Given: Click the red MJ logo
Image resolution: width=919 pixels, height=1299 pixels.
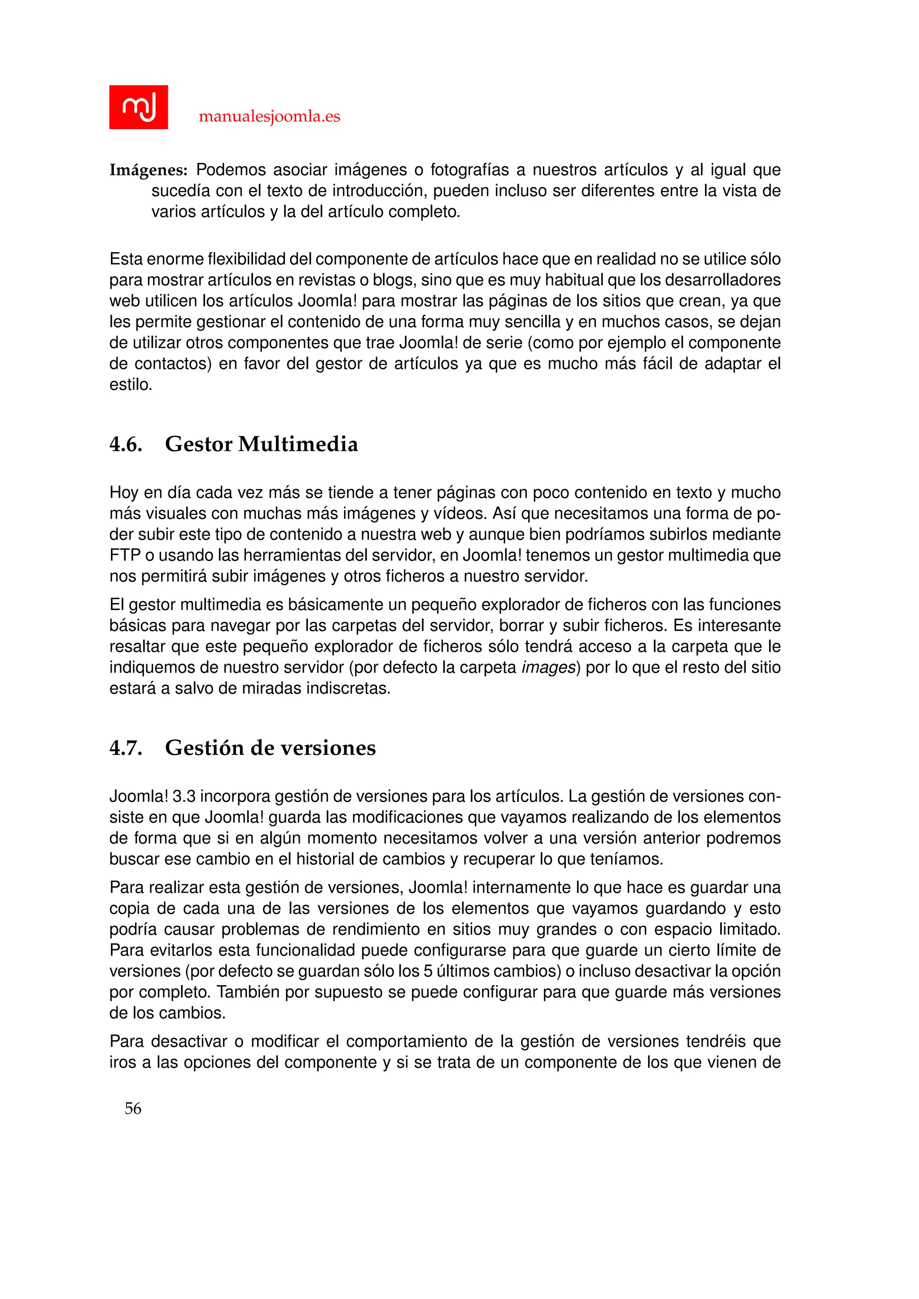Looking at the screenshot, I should (x=138, y=107).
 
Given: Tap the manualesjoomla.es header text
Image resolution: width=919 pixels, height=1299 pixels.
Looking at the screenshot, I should (x=269, y=117).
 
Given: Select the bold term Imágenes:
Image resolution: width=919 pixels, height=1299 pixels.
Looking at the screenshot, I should (x=148, y=170).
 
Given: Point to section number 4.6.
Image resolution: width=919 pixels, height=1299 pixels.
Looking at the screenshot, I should (x=126, y=444).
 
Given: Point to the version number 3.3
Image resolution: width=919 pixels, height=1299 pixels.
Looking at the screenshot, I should (x=184, y=797).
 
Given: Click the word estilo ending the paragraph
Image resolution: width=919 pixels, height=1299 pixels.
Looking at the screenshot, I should (x=130, y=385).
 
